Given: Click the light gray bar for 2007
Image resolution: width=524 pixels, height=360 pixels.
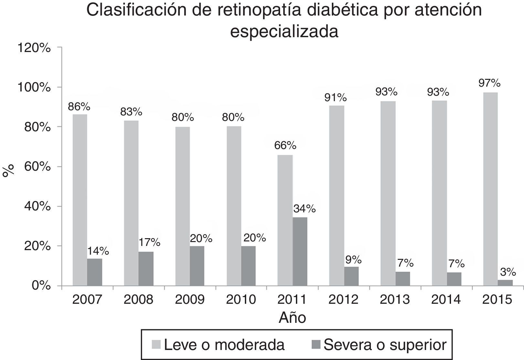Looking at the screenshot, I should [80, 200].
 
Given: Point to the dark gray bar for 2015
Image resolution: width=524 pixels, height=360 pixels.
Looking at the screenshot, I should [505, 283].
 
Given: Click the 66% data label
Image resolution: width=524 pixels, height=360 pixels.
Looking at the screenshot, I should [285, 146].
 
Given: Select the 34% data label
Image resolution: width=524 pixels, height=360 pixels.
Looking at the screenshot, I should [304, 209].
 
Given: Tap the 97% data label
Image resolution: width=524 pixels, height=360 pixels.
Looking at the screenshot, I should [489, 83].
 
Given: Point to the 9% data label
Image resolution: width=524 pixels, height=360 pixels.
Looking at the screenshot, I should [353, 259].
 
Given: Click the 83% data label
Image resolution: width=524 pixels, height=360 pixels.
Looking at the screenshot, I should [131, 112].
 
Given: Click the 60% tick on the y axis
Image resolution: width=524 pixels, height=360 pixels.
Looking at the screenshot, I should [37, 167].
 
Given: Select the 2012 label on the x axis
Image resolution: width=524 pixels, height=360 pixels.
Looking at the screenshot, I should [343, 300].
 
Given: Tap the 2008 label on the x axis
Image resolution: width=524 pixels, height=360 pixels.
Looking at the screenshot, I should [138, 300].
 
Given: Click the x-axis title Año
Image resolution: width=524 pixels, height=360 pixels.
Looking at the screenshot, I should [292, 318].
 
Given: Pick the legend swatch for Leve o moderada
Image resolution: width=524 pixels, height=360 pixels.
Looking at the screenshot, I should [156, 345].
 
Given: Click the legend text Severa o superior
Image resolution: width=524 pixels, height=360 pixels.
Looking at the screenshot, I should [385, 345].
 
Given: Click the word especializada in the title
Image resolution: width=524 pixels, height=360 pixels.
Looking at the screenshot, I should [284, 32].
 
